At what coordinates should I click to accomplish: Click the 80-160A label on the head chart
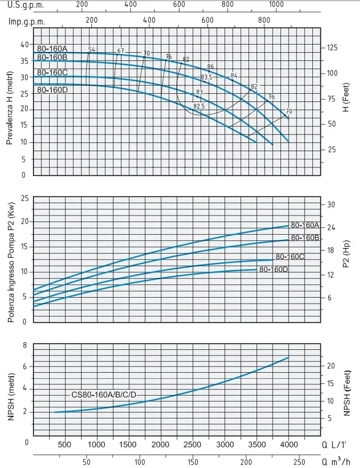52,49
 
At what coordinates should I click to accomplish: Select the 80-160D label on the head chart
52,90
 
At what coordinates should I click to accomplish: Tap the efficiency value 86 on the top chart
210,67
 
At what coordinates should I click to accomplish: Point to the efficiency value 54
92,50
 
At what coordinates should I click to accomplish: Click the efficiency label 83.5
206,78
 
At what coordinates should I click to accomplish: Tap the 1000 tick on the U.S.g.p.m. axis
276,5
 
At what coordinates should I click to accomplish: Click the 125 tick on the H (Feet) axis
333,48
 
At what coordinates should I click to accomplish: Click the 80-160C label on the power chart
290,257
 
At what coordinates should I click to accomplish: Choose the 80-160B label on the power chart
305,237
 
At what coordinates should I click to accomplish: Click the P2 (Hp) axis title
346,259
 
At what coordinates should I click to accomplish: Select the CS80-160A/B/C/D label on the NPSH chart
104,394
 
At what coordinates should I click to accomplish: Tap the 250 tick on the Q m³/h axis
300,462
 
